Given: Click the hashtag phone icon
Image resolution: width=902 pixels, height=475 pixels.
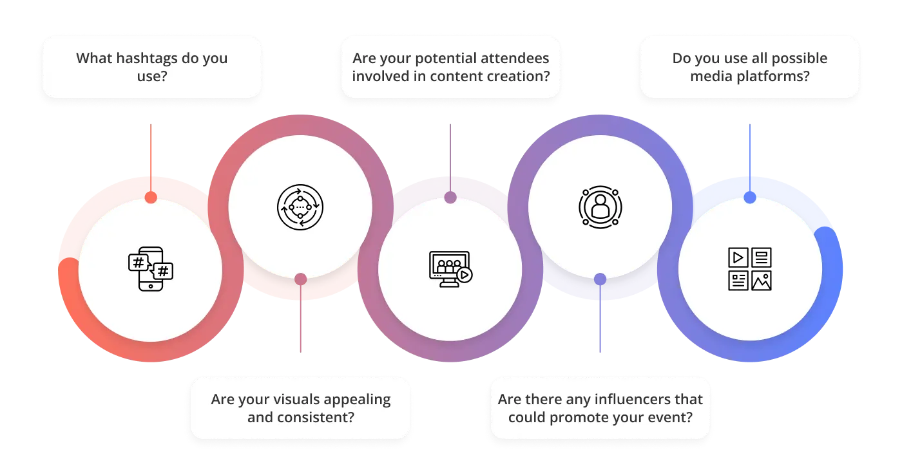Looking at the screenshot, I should tap(151, 269).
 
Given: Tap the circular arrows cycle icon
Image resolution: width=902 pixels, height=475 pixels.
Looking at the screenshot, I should tap(300, 207).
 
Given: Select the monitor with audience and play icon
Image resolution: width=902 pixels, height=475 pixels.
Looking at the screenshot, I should tap(450, 269).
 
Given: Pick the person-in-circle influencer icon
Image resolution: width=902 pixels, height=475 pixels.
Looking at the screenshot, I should tap(600, 207).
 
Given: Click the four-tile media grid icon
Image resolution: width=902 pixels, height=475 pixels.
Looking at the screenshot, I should tap(749, 269).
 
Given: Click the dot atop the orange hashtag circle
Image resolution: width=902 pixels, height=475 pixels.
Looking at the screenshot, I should tap(151, 198).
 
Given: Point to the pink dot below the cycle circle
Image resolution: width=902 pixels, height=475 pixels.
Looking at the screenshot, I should tap(300, 279).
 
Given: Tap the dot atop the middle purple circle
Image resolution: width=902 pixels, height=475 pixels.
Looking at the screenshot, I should tap(450, 198).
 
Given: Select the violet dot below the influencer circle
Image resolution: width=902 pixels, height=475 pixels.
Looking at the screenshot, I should tap(600, 279).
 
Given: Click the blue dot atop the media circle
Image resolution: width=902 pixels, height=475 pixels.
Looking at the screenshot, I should tap(749, 198).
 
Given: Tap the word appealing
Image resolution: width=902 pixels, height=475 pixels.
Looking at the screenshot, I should tap(358, 399).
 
